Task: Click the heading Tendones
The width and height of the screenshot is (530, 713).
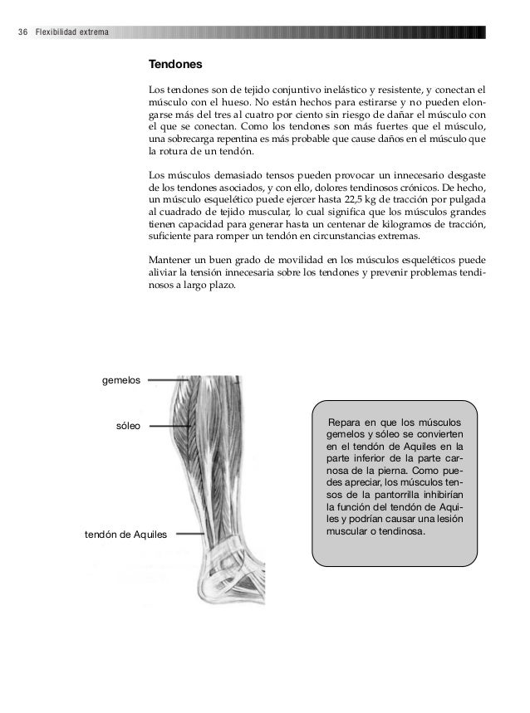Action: [x=174, y=65]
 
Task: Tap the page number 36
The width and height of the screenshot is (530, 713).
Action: [x=21, y=32]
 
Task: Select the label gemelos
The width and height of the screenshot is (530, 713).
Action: [x=120, y=380]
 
